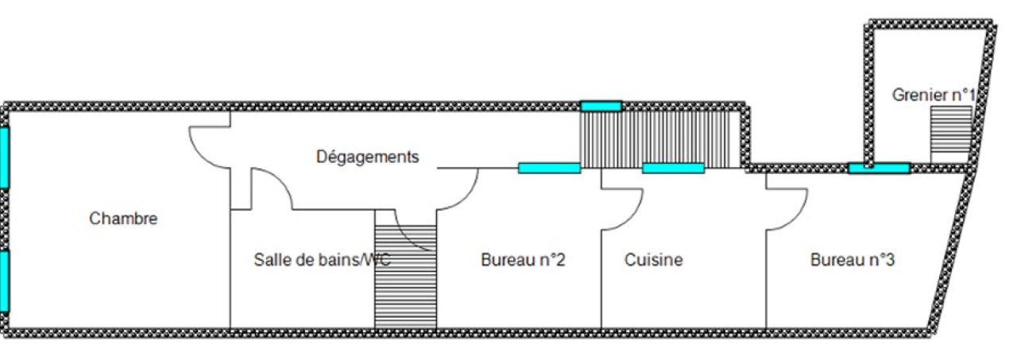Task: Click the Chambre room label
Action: pyautogui.click(x=123, y=219)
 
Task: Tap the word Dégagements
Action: pyautogui.click(x=367, y=157)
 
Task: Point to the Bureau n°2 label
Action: pyautogui.click(x=523, y=260)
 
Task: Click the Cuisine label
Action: pyautogui.click(x=653, y=260)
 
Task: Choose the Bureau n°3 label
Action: pyautogui.click(x=853, y=260)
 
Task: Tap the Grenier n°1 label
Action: pyautogui.click(x=933, y=95)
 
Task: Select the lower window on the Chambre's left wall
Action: pyautogui.click(x=4, y=281)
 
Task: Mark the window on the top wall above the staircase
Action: pyautogui.click(x=601, y=106)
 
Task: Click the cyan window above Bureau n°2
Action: pyautogui.click(x=549, y=168)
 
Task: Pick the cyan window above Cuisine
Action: pyautogui.click(x=673, y=168)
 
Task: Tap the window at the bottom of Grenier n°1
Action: pyautogui.click(x=879, y=168)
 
